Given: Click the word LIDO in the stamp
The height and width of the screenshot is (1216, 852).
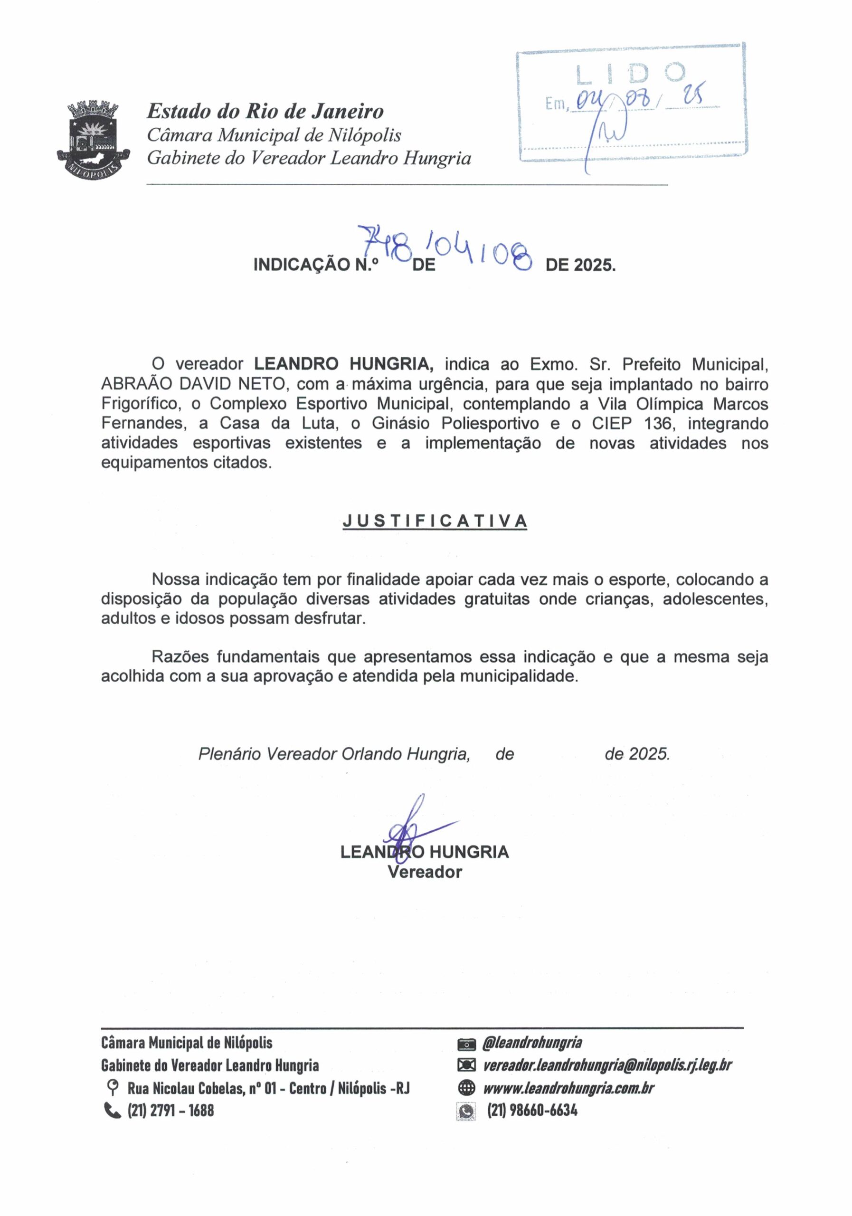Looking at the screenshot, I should (x=631, y=74).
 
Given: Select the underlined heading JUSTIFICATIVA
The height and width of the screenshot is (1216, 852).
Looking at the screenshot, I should (x=435, y=521).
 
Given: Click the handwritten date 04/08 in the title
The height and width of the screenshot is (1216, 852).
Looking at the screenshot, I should (x=480, y=250).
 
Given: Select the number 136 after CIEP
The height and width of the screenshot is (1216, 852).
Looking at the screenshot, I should (x=658, y=423).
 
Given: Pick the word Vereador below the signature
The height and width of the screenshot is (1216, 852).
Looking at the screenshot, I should (x=424, y=872).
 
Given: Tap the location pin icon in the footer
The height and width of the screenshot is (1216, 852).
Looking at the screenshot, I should (x=112, y=1088).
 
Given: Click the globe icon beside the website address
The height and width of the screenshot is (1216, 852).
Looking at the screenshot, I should (x=466, y=1088).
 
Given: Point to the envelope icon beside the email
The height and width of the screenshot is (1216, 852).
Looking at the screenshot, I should (x=466, y=1065).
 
